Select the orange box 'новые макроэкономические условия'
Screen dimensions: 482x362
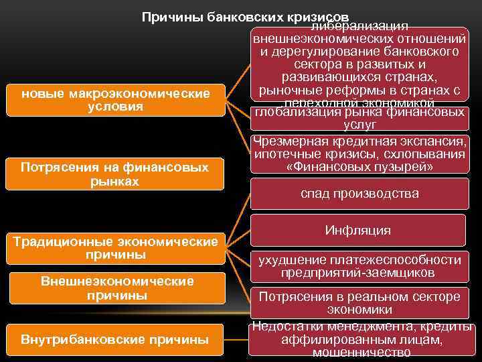pos(116,100)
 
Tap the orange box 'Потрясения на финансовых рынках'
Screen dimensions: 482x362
pos(116,174)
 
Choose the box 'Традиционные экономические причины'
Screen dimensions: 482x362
pos(116,248)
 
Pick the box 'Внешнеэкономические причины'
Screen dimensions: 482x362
pos(116,288)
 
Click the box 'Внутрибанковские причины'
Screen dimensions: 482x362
pos(116,339)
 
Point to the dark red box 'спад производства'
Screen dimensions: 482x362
pos(359,194)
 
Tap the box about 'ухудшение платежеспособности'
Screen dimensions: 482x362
pos(359,266)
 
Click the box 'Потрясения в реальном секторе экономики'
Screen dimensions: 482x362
pos(359,303)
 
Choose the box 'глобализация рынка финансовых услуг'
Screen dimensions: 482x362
pos(359,118)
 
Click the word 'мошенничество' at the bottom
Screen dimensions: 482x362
pos(361,353)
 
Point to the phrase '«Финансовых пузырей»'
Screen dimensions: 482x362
pos(359,168)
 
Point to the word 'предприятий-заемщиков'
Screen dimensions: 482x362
pos(359,273)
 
